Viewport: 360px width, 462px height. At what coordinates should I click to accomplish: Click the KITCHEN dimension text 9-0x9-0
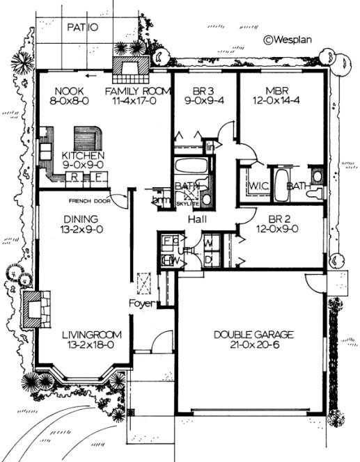(83, 166)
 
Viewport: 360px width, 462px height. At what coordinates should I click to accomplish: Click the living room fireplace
(35, 308)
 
